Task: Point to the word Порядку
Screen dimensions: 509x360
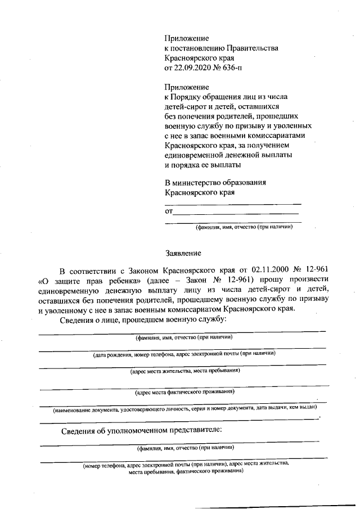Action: [x=187, y=96]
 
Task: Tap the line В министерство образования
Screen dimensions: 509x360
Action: [x=223, y=183]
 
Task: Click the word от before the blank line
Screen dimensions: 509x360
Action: [x=168, y=212]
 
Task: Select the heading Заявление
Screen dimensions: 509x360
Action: [x=182, y=253]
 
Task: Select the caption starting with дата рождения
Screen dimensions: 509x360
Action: [x=184, y=354]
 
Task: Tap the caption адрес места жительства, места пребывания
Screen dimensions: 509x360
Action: [x=185, y=371]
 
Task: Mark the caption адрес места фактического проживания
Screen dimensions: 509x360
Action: [x=185, y=391]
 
